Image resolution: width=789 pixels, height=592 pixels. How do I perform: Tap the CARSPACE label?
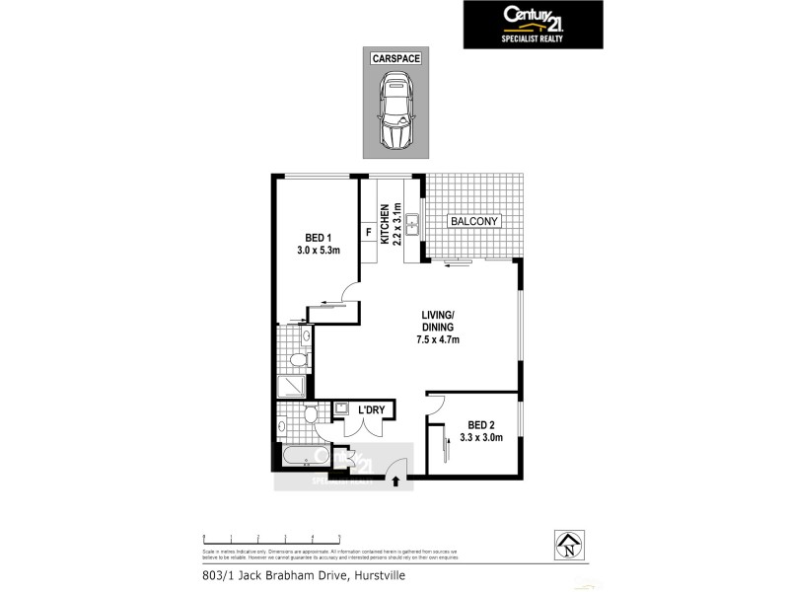(396, 59)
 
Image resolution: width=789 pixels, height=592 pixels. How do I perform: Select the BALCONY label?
(475, 222)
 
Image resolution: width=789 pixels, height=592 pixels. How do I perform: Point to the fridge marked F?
(369, 233)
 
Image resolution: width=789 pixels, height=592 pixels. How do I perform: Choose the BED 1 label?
(318, 237)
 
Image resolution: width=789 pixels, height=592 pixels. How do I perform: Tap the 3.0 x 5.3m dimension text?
(318, 251)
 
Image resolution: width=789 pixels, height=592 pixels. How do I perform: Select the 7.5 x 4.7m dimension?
(437, 339)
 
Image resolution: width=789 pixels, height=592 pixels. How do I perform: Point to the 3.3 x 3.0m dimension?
(482, 439)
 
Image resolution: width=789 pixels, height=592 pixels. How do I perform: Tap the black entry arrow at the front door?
(396, 482)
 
